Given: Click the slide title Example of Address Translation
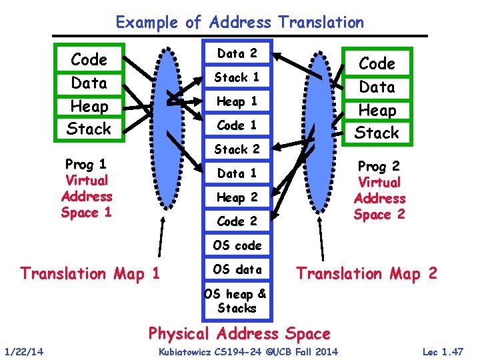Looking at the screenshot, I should tap(240, 22).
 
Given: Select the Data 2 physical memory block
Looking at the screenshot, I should tap(237, 53).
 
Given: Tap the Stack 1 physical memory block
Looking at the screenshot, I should tap(237, 77).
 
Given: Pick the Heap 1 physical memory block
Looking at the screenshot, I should tap(237, 101).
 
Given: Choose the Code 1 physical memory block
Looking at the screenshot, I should tap(237, 125).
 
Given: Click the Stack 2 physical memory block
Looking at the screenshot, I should tap(237, 149).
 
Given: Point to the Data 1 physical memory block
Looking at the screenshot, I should tap(237, 173).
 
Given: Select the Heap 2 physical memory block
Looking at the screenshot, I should tap(237, 197).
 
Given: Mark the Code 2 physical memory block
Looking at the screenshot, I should tap(237, 221).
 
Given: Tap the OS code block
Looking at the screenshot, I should tap(237, 245).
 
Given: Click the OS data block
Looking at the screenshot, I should tap(237, 269).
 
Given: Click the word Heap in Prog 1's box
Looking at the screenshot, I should tap(89, 106).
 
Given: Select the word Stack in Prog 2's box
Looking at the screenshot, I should tap(377, 133).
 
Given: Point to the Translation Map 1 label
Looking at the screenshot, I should tap(90, 273).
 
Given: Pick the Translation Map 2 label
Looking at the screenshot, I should tap(367, 273).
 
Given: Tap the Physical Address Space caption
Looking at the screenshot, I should tap(239, 333).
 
